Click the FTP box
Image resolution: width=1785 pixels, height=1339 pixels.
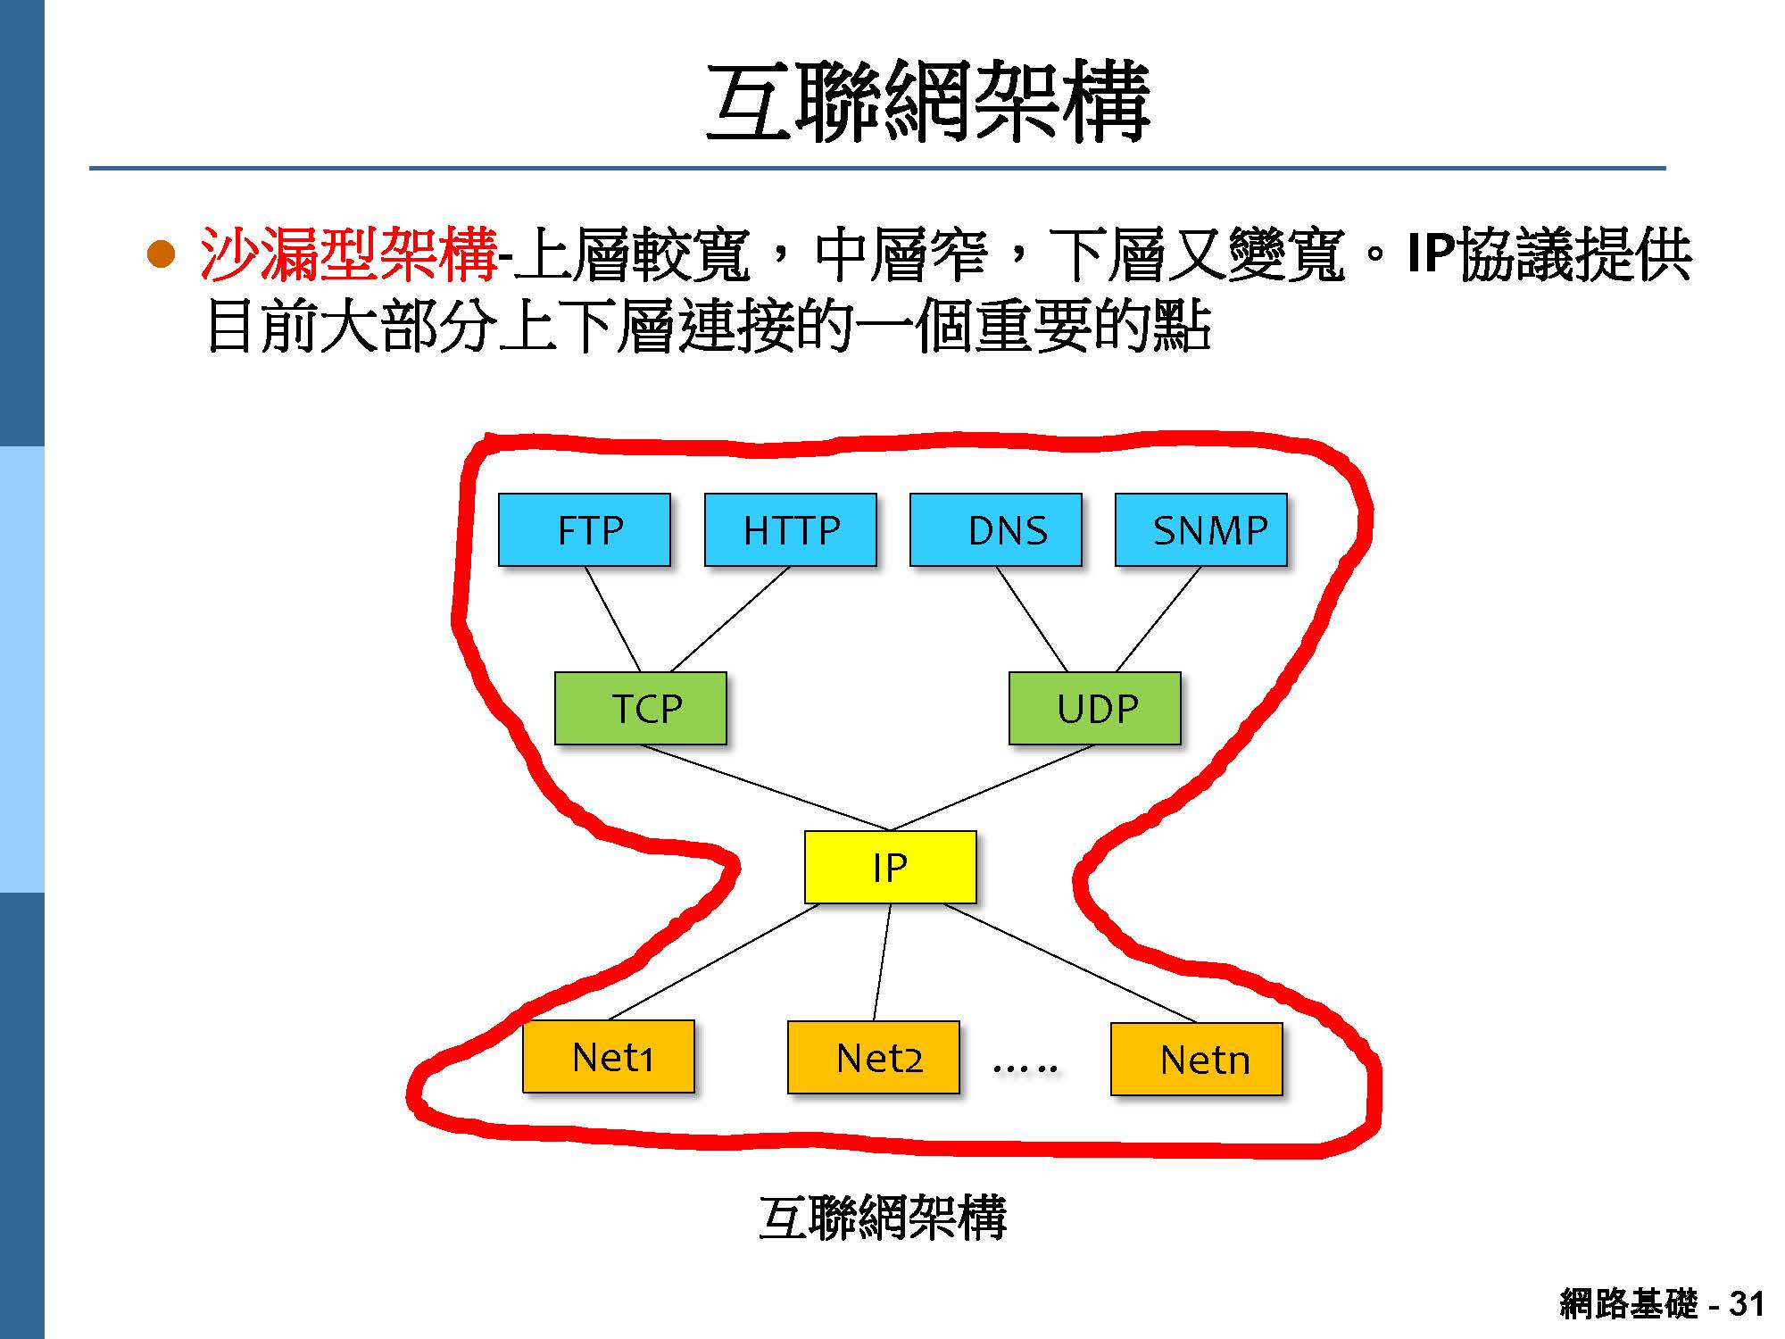coord(585,529)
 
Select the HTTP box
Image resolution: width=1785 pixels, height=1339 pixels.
coord(791,529)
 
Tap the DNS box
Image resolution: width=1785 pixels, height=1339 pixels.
coord(996,529)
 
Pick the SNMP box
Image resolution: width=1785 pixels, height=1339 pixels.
coord(1201,529)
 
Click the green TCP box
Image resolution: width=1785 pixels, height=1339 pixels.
coord(641,708)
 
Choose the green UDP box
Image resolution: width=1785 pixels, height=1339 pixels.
coord(1095,708)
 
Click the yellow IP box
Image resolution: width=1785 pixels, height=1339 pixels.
coord(890,867)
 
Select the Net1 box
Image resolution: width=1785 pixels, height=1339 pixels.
coord(609,1056)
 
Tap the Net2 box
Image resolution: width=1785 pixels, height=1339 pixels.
coord(874,1057)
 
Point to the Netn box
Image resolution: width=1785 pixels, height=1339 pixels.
coord(1197,1059)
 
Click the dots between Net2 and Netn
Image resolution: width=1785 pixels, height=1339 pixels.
coord(1025,1067)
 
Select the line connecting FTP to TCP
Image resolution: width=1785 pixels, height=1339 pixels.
coord(613,619)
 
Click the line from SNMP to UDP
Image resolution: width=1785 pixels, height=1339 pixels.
coord(1158,619)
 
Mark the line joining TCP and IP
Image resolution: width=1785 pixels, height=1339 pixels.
coord(765,787)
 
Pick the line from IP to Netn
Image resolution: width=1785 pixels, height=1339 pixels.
coord(1069,962)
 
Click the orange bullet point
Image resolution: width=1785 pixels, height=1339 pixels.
coord(162,255)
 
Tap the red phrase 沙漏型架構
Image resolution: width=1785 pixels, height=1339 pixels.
coord(348,254)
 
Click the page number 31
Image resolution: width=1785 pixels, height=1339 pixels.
coord(1746,1304)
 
